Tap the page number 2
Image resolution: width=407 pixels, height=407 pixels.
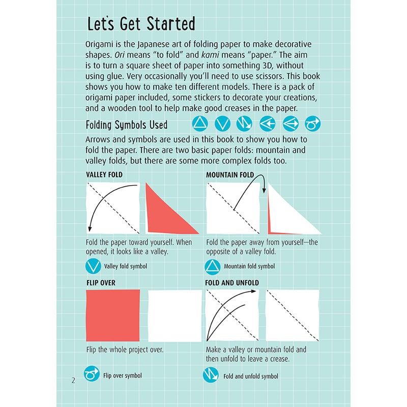pyautogui.click(x=73, y=380)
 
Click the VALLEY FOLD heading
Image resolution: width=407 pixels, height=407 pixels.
pyautogui.click(x=104, y=175)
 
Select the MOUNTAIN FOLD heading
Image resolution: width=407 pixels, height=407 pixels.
pyautogui.click(x=229, y=175)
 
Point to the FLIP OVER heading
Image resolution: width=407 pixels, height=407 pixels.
pyautogui.click(x=101, y=282)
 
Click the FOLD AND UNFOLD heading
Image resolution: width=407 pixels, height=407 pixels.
pyautogui.click(x=232, y=282)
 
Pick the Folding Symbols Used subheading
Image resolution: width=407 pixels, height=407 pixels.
pyautogui.click(x=127, y=125)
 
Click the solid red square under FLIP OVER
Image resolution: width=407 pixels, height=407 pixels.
pyautogui.click(x=113, y=315)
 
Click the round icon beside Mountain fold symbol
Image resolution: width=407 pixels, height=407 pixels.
pyautogui.click(x=212, y=266)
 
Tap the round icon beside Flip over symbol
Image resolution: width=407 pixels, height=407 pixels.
pyautogui.click(x=92, y=375)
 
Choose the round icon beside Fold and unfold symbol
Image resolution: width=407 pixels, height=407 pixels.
pyautogui.click(x=211, y=375)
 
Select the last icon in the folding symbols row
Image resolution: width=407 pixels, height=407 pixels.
pyautogui.click(x=312, y=124)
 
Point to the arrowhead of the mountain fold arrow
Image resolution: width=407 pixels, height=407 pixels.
pyautogui.click(x=265, y=191)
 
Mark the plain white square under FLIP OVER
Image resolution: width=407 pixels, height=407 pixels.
pyautogui.click(x=175, y=315)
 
